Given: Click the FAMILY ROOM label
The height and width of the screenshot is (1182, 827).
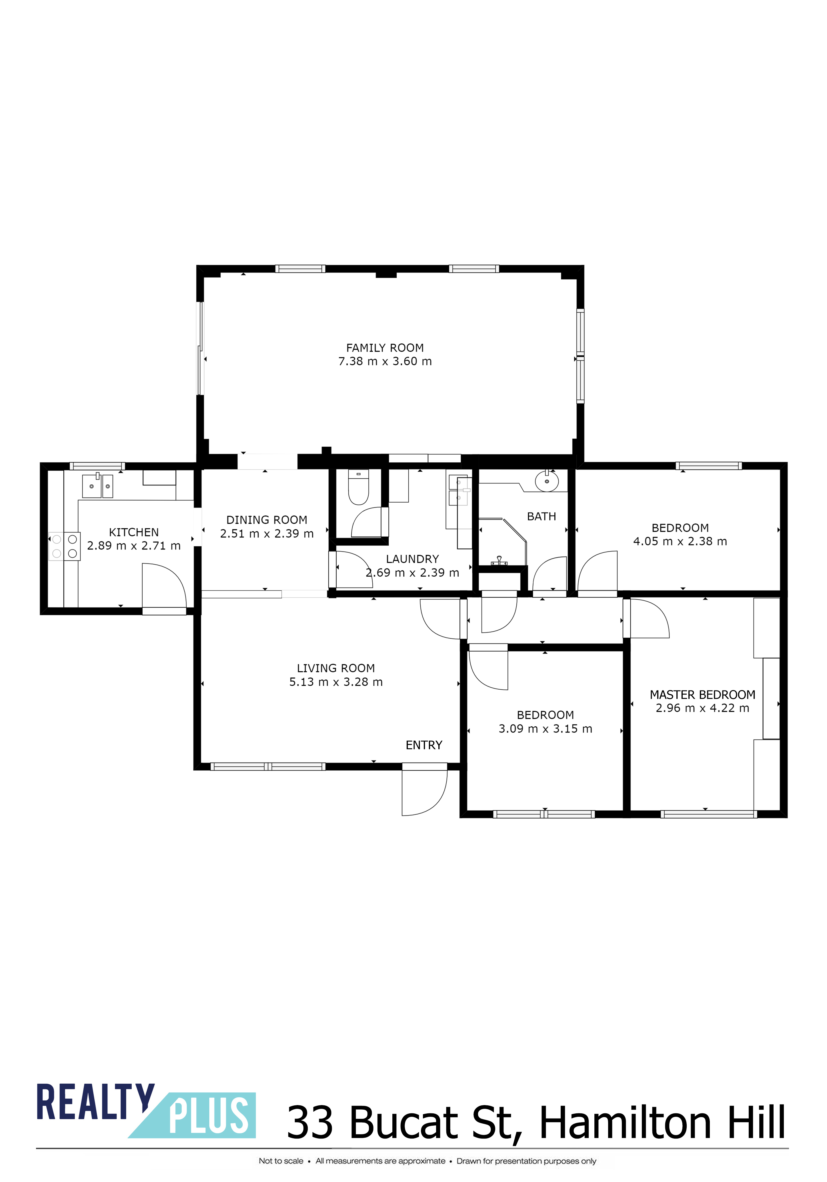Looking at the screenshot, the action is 385,348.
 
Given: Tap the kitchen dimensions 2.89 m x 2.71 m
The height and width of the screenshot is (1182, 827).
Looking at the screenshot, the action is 134,546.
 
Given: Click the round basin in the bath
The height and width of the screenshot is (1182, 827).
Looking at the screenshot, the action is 547,481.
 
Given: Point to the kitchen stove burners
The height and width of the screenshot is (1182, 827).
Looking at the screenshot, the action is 64,546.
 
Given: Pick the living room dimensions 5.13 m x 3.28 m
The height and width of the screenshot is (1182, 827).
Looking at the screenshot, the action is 336,682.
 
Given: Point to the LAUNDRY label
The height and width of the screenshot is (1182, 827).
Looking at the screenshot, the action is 413,559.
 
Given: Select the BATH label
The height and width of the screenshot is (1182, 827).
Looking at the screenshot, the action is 542,516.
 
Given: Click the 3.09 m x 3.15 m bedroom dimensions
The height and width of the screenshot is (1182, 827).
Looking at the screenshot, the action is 546,729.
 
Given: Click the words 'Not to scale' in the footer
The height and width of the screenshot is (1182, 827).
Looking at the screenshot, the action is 281,1161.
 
